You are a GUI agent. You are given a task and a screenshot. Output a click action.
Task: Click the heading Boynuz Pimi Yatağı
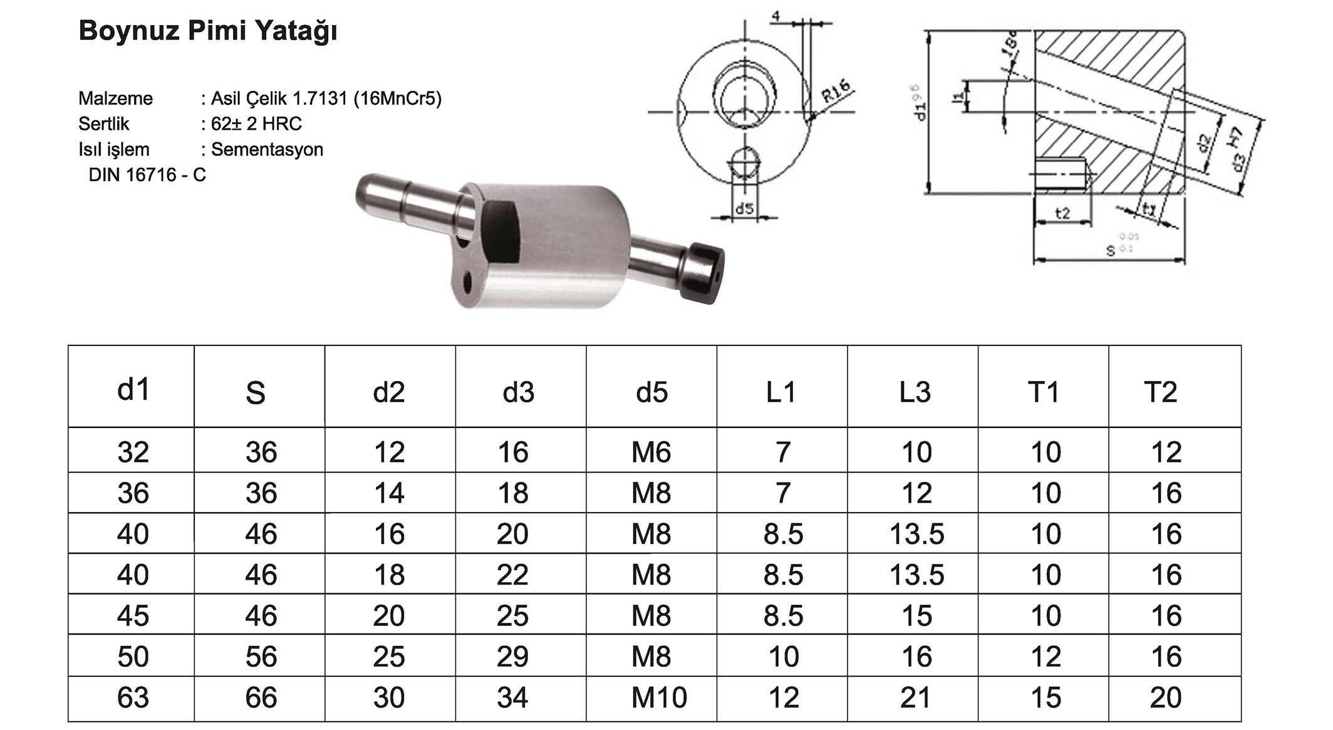pyautogui.click(x=207, y=31)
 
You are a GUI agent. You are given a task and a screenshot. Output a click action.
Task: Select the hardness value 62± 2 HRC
pyautogui.click(x=256, y=124)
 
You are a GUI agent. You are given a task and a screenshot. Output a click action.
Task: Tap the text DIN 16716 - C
pyautogui.click(x=147, y=175)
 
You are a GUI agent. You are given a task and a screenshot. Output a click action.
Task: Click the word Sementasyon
pyautogui.click(x=267, y=150)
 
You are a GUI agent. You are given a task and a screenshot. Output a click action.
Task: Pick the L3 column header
pyautogui.click(x=915, y=392)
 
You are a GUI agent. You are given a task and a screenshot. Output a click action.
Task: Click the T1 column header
pyautogui.click(x=1044, y=392)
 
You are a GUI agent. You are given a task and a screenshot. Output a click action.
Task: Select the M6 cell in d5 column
pyautogui.click(x=651, y=452)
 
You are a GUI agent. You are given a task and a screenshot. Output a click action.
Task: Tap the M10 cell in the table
pyautogui.click(x=658, y=698)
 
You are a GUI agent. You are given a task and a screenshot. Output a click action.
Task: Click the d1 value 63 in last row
pyautogui.click(x=133, y=698)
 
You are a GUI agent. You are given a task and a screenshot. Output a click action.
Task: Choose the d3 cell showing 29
pyautogui.click(x=512, y=657)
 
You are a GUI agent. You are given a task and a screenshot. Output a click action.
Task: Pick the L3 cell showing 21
pyautogui.click(x=915, y=698)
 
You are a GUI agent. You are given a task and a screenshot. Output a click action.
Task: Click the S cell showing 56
pyautogui.click(x=261, y=657)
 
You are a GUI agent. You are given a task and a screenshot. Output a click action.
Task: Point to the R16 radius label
pyautogui.click(x=836, y=91)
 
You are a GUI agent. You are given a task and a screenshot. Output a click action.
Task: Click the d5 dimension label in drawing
pyautogui.click(x=744, y=209)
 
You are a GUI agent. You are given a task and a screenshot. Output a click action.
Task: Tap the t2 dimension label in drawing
pyautogui.click(x=1062, y=214)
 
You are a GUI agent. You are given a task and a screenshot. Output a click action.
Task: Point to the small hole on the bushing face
pyautogui.click(x=467, y=283)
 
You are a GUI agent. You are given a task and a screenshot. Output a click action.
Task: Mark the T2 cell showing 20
pyautogui.click(x=1165, y=698)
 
